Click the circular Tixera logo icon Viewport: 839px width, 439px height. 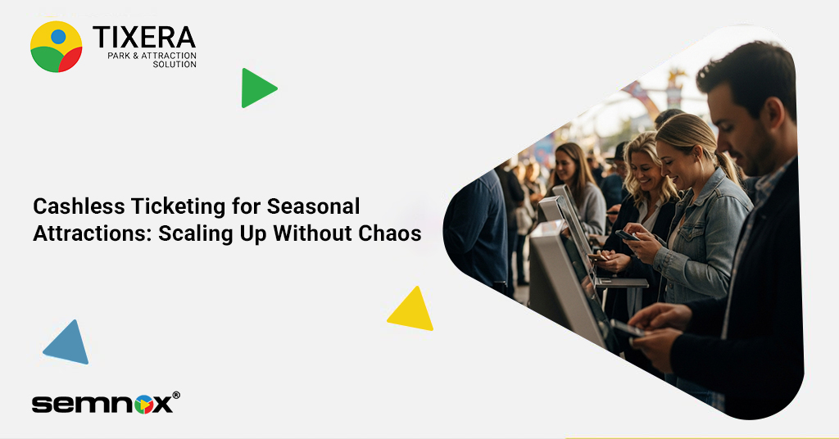pos(56,47)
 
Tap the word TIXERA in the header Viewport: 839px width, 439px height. pos(144,38)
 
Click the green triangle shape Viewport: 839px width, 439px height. pos(256,88)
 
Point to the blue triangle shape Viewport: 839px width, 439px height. pos(68,344)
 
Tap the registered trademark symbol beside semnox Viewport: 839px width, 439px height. pos(176,396)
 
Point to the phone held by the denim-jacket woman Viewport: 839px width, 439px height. pos(627,235)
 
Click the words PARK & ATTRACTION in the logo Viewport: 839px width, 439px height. pos(152,56)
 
